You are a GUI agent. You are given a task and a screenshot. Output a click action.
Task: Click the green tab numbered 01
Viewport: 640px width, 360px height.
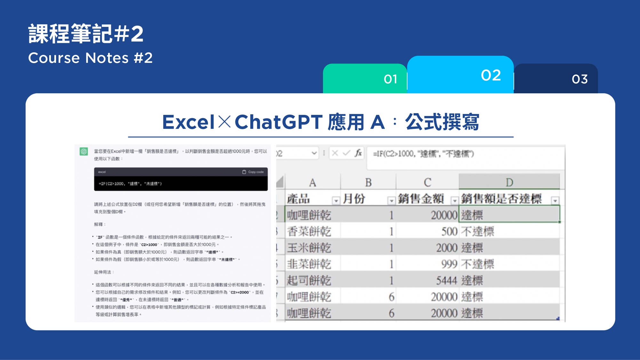tap(365, 79)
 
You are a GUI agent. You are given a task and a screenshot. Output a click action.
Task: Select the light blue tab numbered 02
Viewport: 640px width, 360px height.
tap(460, 75)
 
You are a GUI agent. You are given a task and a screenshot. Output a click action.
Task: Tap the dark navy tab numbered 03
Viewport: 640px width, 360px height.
tap(556, 79)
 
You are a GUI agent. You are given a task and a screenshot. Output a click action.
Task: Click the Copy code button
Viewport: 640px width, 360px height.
tap(253, 172)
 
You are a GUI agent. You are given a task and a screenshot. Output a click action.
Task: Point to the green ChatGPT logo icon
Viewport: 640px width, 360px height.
tap(84, 151)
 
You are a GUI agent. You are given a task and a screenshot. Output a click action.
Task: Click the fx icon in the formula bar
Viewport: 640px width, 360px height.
tap(358, 153)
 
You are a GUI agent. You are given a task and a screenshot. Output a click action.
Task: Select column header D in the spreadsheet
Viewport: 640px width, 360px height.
tap(509, 182)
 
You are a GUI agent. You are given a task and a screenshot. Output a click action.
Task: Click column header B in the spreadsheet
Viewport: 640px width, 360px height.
tap(368, 182)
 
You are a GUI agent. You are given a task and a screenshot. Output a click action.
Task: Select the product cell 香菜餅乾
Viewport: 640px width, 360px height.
tap(309, 231)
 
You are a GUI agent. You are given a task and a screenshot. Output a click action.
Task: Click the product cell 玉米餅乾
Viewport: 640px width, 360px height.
tap(309, 248)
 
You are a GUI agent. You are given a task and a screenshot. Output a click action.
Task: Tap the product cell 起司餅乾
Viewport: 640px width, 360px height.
tap(309, 281)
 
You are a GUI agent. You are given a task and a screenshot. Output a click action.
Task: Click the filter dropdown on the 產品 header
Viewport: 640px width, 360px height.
tap(336, 201)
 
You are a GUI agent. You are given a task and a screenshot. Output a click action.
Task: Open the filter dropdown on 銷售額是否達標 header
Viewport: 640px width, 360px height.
tap(555, 201)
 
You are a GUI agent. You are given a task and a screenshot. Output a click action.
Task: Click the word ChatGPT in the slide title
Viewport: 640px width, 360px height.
tap(278, 122)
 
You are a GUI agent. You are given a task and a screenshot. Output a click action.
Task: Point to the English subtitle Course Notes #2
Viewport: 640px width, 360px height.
tap(90, 58)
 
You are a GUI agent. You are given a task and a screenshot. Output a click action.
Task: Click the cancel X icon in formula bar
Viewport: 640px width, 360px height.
tap(335, 153)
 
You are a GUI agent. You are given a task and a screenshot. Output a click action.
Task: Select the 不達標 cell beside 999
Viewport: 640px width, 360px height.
tap(478, 264)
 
